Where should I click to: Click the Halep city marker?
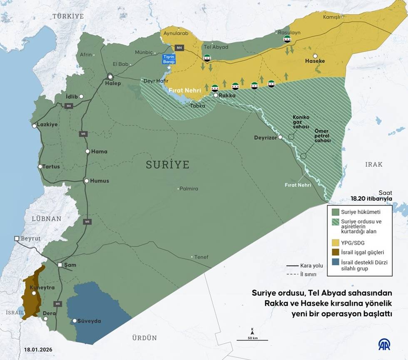tap(111, 77)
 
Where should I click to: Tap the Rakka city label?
tap(227, 95)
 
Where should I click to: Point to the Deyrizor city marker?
tap(281, 137)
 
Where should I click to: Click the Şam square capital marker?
tap(60, 265)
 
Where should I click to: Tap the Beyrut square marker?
tap(17, 238)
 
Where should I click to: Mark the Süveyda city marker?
tap(75, 321)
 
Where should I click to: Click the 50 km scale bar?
tap(252, 340)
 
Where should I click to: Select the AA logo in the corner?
tap(384, 345)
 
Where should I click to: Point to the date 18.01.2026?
tap(38, 350)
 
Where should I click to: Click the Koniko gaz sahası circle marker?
tap(291, 136)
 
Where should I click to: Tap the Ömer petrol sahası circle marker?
tap(304, 156)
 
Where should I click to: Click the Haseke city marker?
tap(316, 56)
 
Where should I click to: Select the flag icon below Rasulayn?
tap(287, 40)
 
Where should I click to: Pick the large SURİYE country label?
tap(167, 165)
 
